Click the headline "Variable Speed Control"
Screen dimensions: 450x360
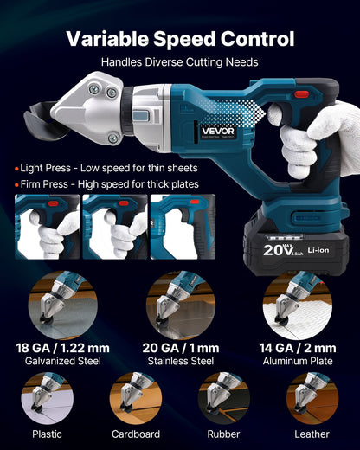point(180,39)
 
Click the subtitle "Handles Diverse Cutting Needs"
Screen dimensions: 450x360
point(180,62)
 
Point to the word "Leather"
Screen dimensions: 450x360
point(312,434)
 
